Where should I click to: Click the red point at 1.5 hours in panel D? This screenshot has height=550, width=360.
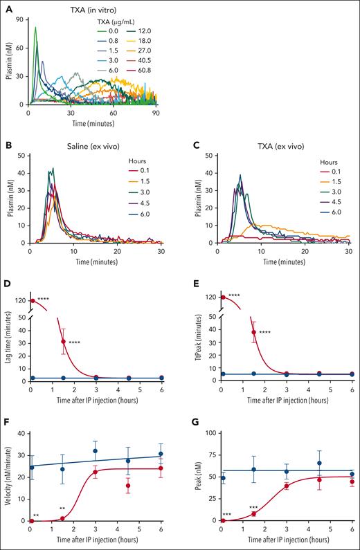pyautogui.click(x=63, y=342)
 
